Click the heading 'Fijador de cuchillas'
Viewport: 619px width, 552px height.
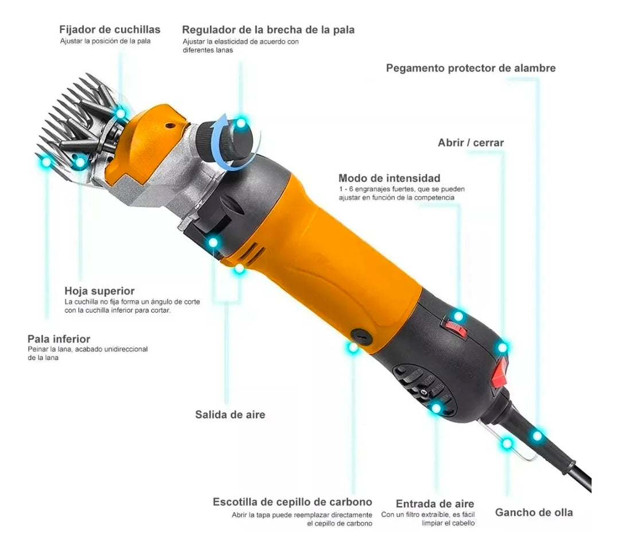click(110, 29)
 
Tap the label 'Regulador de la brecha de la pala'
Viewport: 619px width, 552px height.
click(268, 29)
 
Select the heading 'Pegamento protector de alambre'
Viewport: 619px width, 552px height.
click(470, 68)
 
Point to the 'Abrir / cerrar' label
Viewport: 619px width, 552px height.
click(470, 142)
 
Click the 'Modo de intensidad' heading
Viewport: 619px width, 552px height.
click(389, 178)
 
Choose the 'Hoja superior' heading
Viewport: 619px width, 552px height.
click(99, 291)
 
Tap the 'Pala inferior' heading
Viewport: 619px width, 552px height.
click(59, 339)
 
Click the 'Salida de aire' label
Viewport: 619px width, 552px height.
click(230, 414)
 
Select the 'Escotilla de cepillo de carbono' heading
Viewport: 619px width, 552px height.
click(292, 502)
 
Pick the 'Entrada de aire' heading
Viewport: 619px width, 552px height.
click(435, 504)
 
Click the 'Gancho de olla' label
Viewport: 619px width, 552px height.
click(534, 512)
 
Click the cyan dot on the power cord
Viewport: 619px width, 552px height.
click(537, 436)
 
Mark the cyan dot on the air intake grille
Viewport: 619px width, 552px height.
click(436, 409)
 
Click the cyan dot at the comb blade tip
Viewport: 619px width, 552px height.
click(46, 162)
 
